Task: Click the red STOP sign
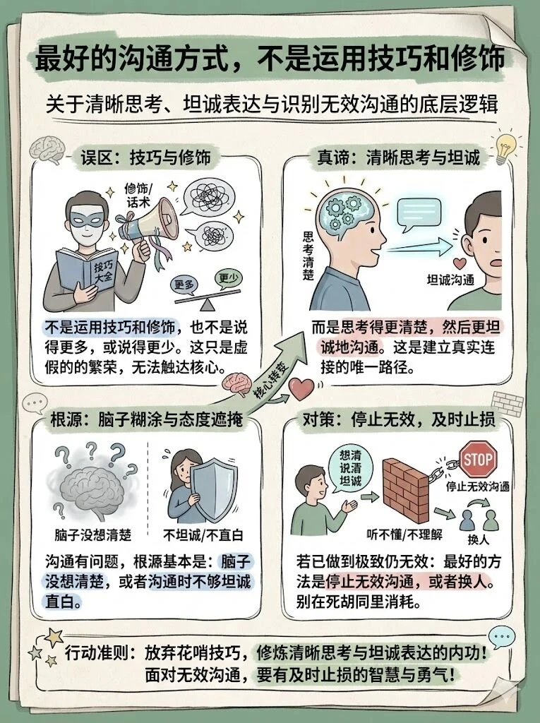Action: point(478,460)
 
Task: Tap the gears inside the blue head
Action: point(344,211)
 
